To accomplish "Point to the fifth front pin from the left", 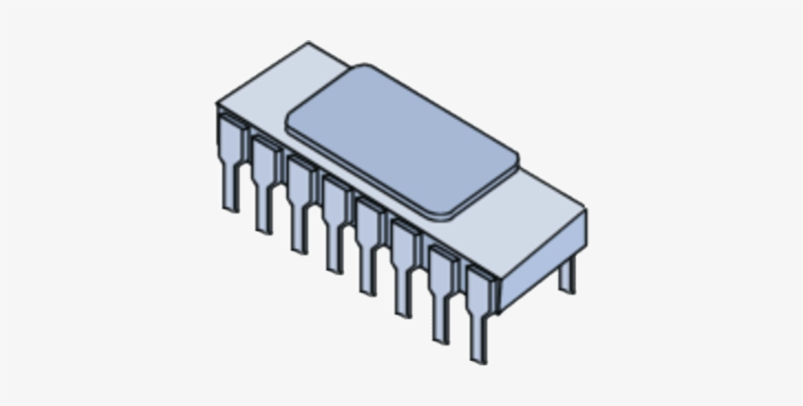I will [369, 243].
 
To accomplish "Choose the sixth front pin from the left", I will [404, 264].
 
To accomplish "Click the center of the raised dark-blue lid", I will [401, 140].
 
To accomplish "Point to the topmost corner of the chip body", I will [309, 43].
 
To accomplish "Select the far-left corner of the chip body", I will [217, 104].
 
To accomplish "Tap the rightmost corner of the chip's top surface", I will [586, 209].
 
